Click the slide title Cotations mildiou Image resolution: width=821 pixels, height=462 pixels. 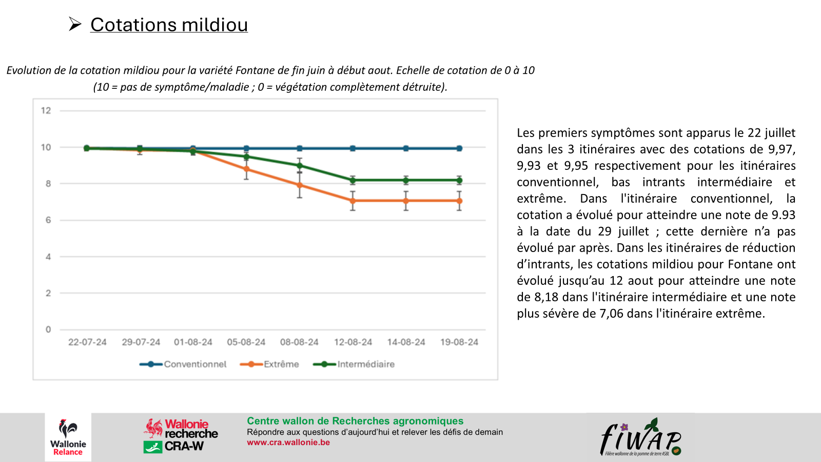tap(169, 25)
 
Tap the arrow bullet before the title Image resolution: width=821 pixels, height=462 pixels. tap(75, 24)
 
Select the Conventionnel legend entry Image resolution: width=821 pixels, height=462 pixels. tap(183, 364)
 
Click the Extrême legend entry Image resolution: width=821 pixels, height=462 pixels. tap(270, 364)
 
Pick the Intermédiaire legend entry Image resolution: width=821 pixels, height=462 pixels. tap(354, 364)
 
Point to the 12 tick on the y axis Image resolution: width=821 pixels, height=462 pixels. tap(46, 110)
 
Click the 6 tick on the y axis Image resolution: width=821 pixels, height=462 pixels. tap(48, 220)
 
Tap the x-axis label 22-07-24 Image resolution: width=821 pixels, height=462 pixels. tap(87, 342)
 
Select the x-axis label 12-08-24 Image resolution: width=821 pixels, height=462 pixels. tap(353, 342)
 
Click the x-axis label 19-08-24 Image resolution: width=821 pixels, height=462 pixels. tap(459, 342)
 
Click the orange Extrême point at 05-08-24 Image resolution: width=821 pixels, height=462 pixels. tap(246, 169)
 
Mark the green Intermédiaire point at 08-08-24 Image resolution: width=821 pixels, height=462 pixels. tap(300, 165)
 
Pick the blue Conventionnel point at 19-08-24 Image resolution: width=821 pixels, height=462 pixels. tap(459, 148)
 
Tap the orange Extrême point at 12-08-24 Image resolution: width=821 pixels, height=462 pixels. tap(353, 201)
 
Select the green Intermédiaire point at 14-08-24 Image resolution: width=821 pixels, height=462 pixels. tap(406, 180)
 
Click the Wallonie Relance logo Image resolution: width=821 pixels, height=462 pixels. tap(68, 437)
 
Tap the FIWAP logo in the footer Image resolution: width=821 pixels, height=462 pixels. tap(641, 437)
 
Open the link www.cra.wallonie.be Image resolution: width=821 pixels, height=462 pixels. tap(288, 442)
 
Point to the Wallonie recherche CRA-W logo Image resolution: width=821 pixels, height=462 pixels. tap(181, 435)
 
